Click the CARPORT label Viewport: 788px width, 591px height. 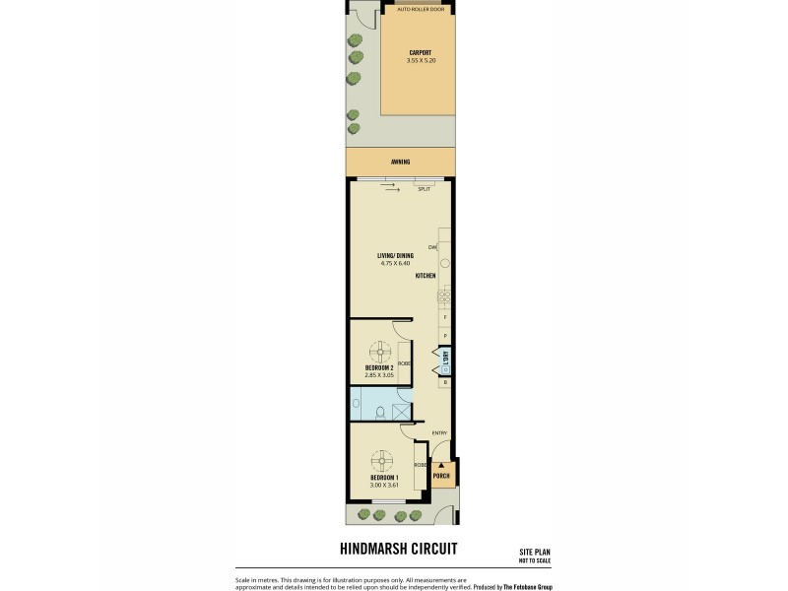(420, 53)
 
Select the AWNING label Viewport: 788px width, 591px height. (400, 162)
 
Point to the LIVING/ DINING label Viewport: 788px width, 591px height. (394, 256)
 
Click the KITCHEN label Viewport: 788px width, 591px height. (426, 276)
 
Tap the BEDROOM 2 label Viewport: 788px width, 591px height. (379, 367)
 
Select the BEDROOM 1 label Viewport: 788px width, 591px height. (384, 478)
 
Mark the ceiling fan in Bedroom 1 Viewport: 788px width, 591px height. (382, 460)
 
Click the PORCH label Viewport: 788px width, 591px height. (442, 477)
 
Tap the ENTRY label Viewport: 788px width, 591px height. (438, 432)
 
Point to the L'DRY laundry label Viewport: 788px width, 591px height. (445, 358)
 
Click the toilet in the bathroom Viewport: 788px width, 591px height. (357, 403)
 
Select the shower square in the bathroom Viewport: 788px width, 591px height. (402, 412)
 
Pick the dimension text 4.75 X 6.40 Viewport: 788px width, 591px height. (394, 263)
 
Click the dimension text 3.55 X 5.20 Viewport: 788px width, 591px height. (420, 60)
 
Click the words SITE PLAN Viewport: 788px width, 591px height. (535, 553)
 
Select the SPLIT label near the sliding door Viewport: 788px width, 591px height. (424, 188)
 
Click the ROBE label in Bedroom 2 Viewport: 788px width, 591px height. (405, 363)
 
